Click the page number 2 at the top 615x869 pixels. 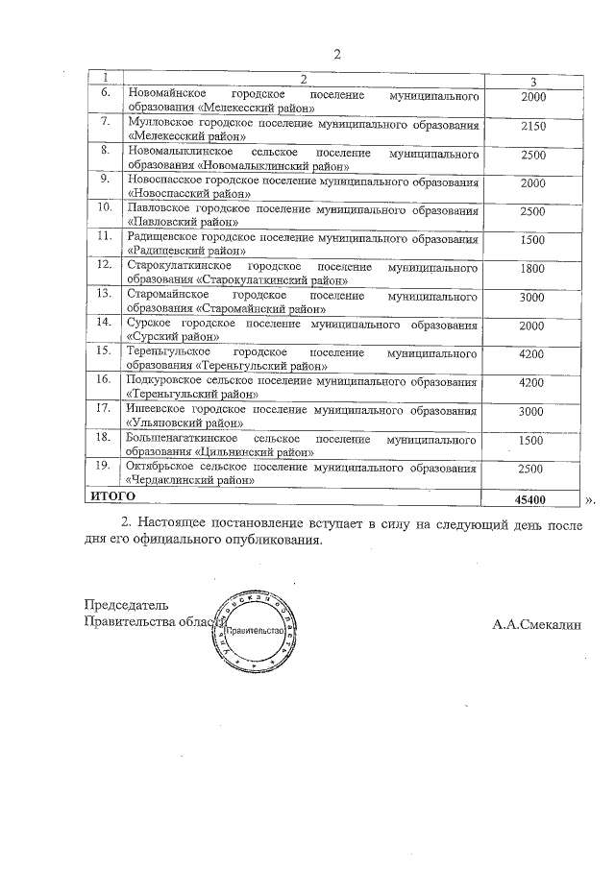336,53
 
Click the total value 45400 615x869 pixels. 531,499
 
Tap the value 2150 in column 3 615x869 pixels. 531,126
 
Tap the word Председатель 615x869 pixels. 126,605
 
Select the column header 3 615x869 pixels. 531,81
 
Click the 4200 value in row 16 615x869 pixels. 531,381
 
